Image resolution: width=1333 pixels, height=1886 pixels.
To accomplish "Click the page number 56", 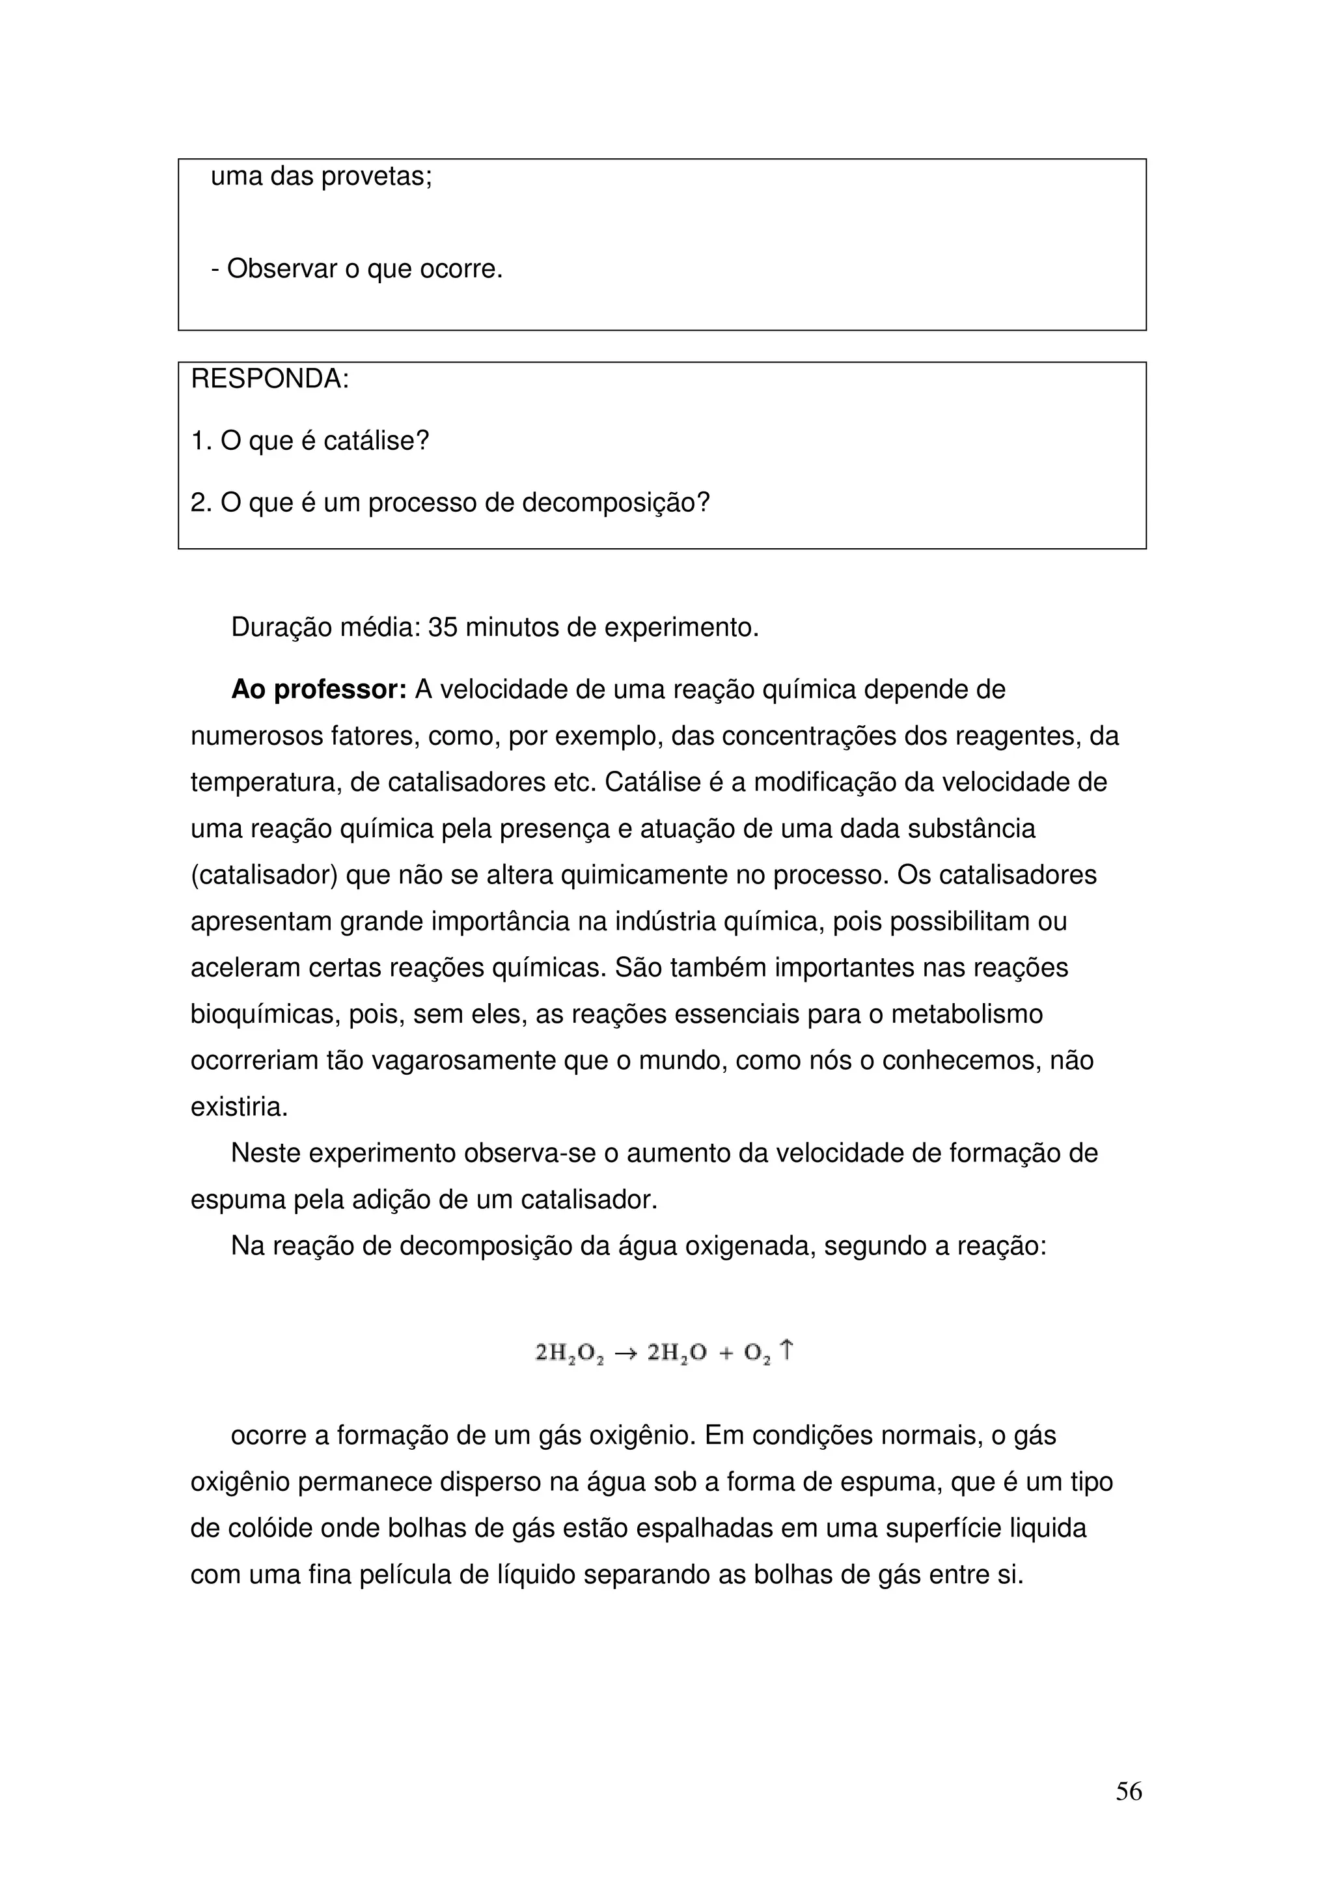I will click(1128, 1791).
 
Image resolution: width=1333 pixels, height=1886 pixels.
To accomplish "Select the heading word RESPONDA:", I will click(270, 380).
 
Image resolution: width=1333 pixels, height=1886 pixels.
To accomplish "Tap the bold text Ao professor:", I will click(319, 689).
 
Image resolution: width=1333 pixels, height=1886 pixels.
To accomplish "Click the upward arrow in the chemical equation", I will click(786, 1349).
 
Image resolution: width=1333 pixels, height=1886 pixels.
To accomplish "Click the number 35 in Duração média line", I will click(443, 628).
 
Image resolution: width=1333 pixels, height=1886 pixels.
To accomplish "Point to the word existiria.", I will click(239, 1107).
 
